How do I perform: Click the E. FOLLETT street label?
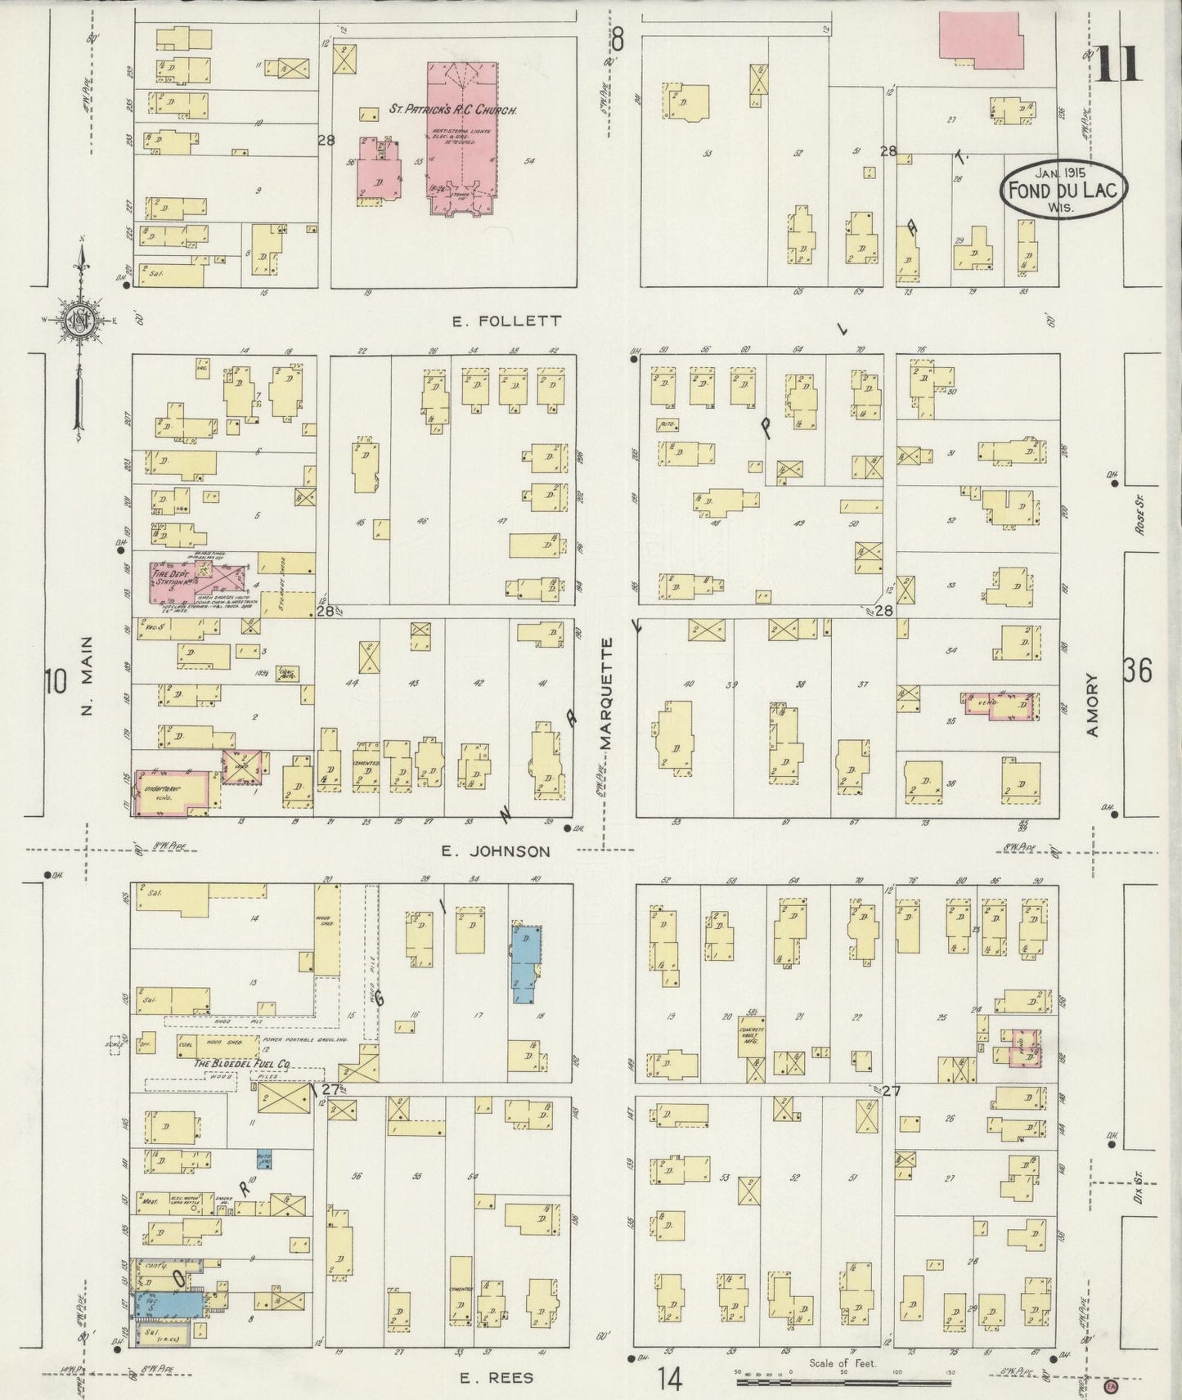507,321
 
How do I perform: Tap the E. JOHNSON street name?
496,851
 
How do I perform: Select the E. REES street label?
496,1378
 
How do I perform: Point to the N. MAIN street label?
88,678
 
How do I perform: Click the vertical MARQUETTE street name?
606,694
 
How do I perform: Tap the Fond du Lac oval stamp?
1064,190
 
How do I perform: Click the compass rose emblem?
80,320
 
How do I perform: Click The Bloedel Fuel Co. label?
243,1063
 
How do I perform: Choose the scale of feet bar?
843,1382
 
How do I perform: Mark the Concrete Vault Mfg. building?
750,1037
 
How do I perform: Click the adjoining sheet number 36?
1138,671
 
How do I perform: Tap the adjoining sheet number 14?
669,1379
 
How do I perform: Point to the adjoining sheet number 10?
56,680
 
